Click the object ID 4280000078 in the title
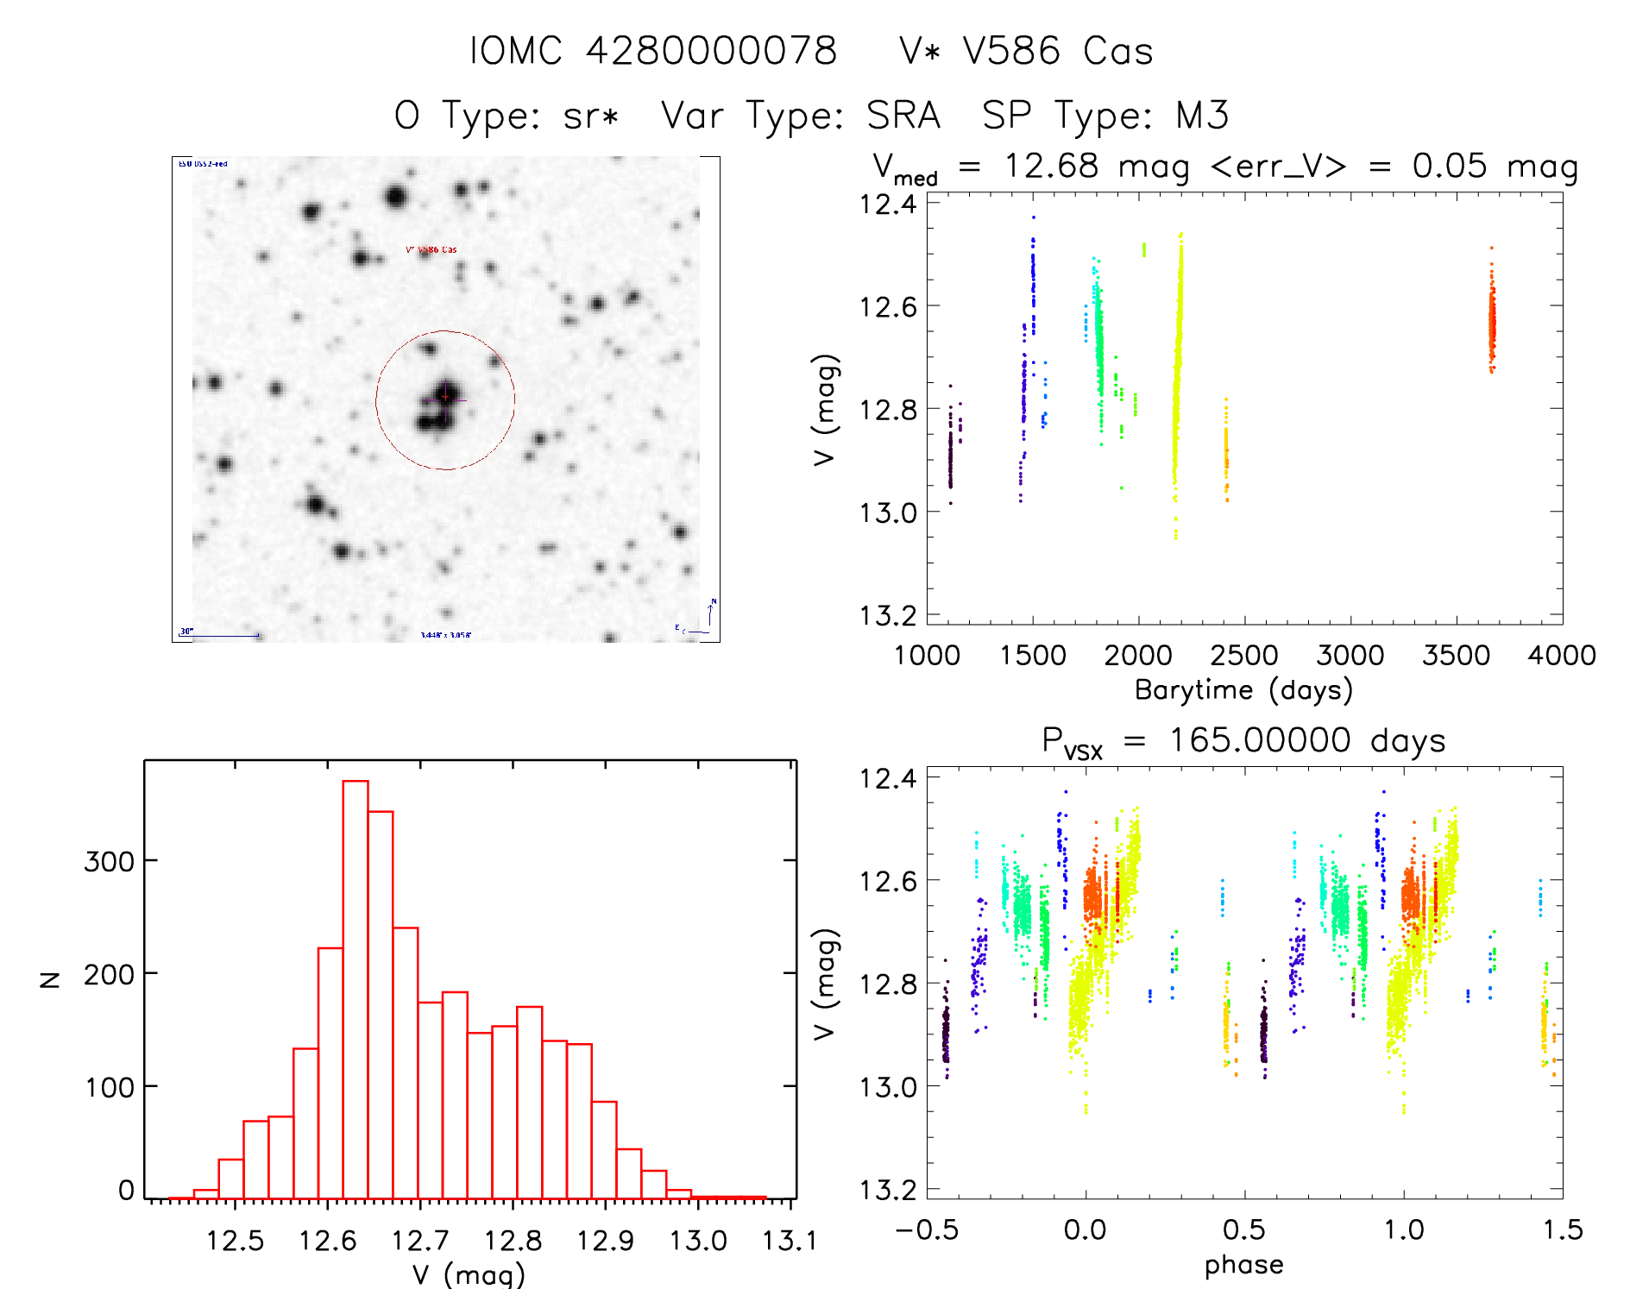712,51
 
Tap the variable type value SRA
903,116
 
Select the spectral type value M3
1202,116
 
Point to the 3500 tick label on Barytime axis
1456,656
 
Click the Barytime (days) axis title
1243,690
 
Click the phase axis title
1243,1265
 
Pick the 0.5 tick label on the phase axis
1244,1230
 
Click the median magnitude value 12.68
1052,166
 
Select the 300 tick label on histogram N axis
109,861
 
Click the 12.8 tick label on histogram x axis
513,1241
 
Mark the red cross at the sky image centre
445,397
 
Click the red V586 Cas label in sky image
431,250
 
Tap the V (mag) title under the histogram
469,1274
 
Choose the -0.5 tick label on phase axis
927,1230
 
